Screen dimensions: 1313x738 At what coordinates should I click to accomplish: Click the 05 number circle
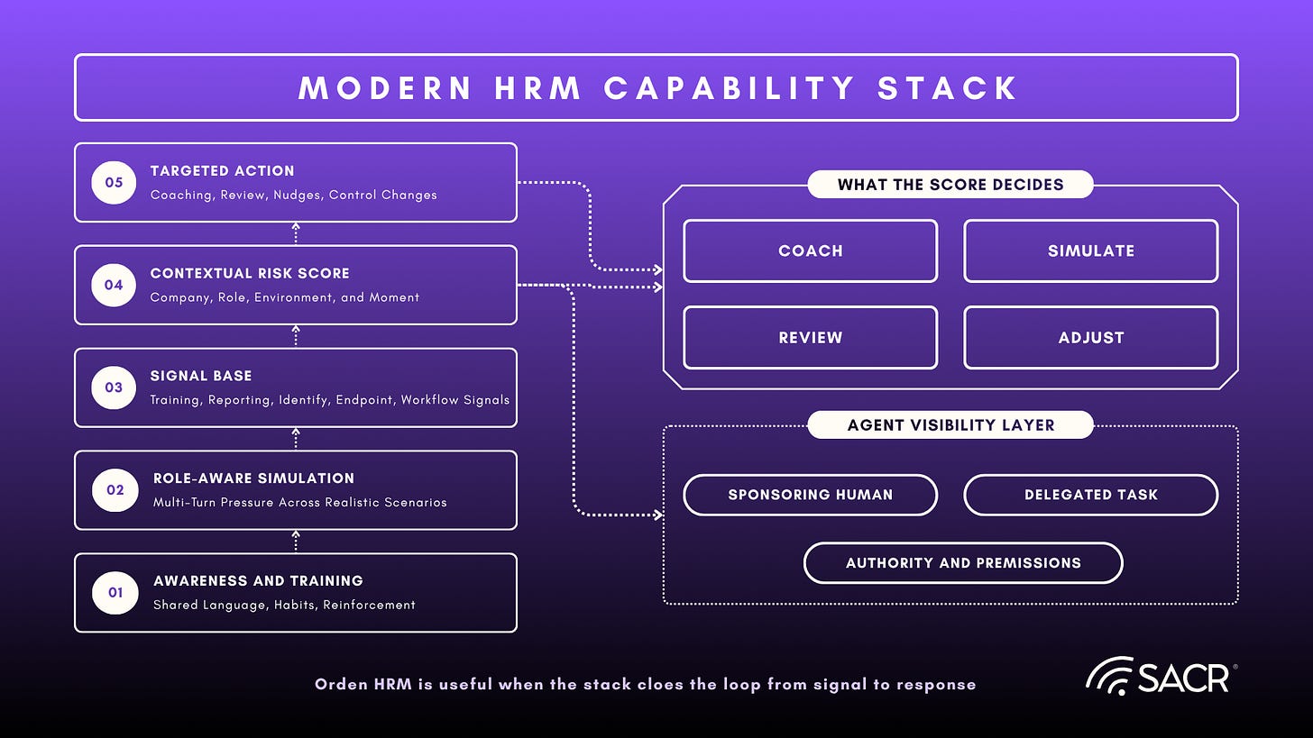(114, 182)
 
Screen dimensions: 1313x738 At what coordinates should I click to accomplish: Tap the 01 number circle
(115, 592)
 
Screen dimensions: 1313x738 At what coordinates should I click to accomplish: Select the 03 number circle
(114, 387)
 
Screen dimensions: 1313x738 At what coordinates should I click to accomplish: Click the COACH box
(810, 251)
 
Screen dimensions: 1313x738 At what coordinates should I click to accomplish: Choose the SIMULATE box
(1091, 251)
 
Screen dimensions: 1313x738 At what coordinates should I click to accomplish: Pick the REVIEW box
(810, 337)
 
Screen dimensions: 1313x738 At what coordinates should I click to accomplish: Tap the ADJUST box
(1091, 337)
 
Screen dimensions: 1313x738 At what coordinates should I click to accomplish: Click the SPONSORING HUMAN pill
(810, 495)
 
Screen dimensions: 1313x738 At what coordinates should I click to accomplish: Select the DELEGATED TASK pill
(1091, 495)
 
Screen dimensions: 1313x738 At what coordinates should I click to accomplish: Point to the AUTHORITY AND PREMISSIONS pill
(963, 563)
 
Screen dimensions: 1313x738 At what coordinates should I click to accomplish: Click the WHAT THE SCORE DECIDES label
(950, 185)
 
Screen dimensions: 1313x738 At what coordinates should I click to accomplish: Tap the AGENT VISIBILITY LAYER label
(950, 424)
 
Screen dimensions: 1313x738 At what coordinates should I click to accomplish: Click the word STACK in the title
(947, 88)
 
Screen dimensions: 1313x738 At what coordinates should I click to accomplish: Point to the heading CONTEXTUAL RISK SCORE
(250, 273)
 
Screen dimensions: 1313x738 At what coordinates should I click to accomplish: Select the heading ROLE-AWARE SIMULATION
(253, 478)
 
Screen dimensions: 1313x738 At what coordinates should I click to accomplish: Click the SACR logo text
(1183, 679)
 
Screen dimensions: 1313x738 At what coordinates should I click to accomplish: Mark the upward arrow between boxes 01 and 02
(296, 542)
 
